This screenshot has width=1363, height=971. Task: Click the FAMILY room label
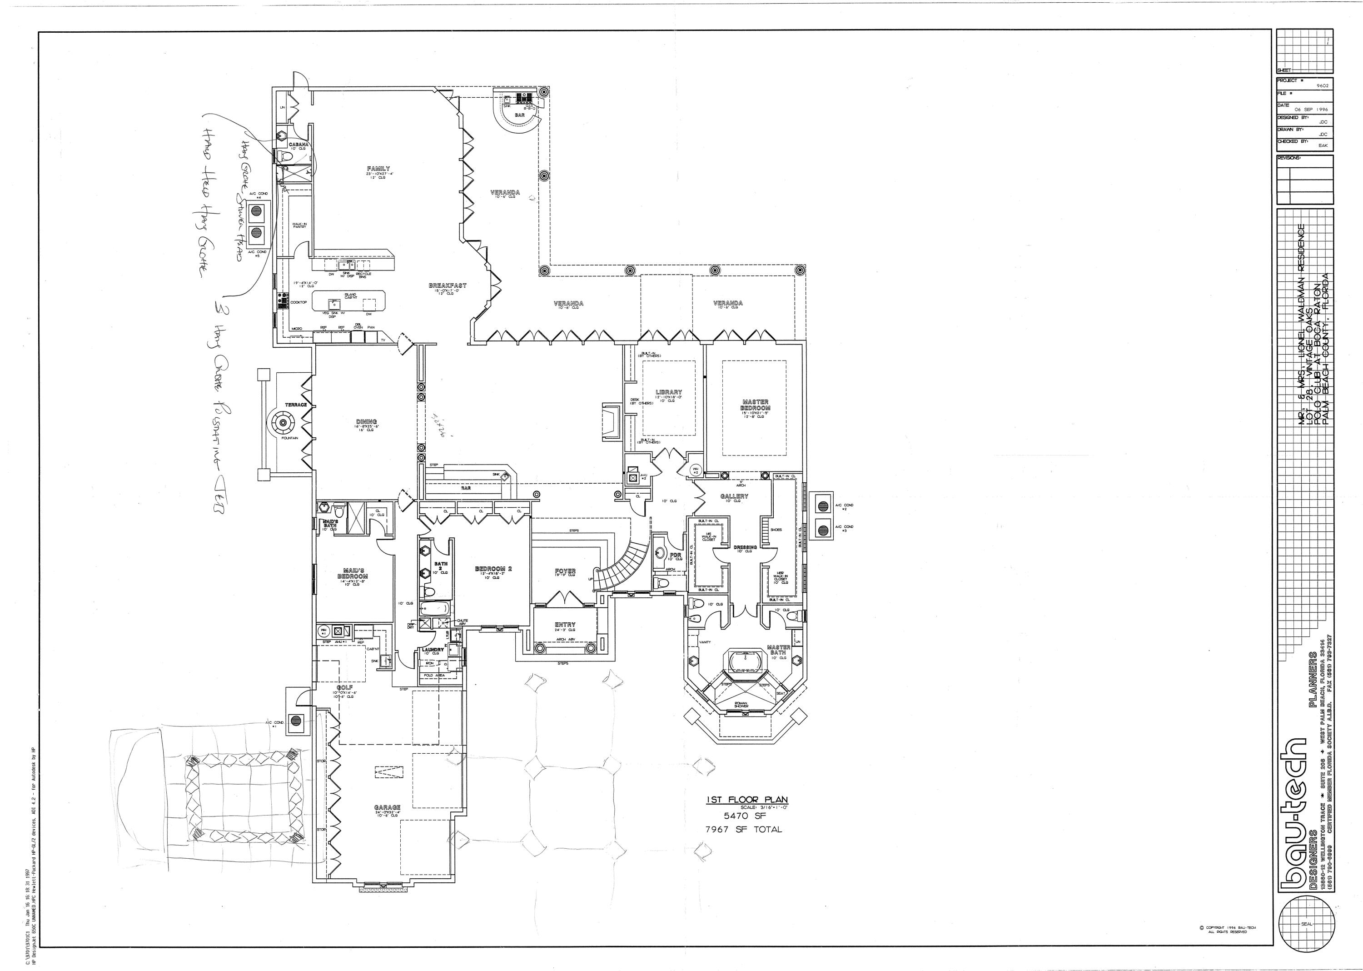pos(378,169)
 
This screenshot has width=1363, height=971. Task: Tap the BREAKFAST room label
pos(448,286)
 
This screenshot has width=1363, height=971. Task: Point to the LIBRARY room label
pos(669,393)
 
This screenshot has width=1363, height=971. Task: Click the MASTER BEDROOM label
pos(755,405)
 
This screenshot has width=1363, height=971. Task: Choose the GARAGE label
pos(387,808)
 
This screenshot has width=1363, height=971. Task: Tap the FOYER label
pos(565,571)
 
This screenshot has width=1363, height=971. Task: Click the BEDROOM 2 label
pos(493,569)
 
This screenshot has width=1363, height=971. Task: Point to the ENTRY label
pos(565,625)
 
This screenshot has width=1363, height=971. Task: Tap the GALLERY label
pos(734,496)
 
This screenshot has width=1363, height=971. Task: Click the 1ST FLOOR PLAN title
pos(747,800)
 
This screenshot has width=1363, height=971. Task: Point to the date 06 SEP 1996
pos(1312,110)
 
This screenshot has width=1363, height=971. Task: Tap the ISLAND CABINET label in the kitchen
pos(350,296)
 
